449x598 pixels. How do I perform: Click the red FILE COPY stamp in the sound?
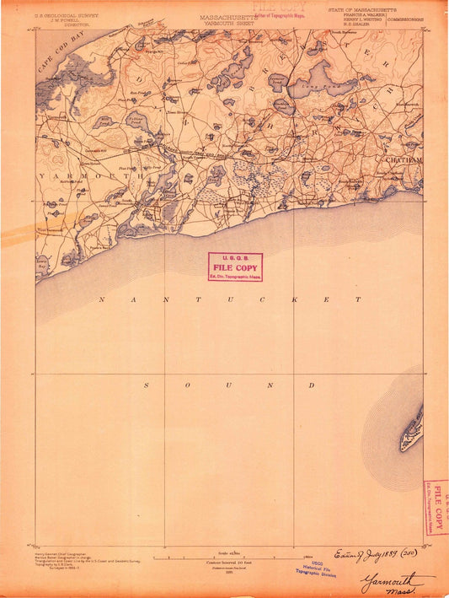point(235,266)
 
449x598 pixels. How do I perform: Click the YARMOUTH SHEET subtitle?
point(225,24)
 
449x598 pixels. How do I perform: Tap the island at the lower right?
point(412,429)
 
